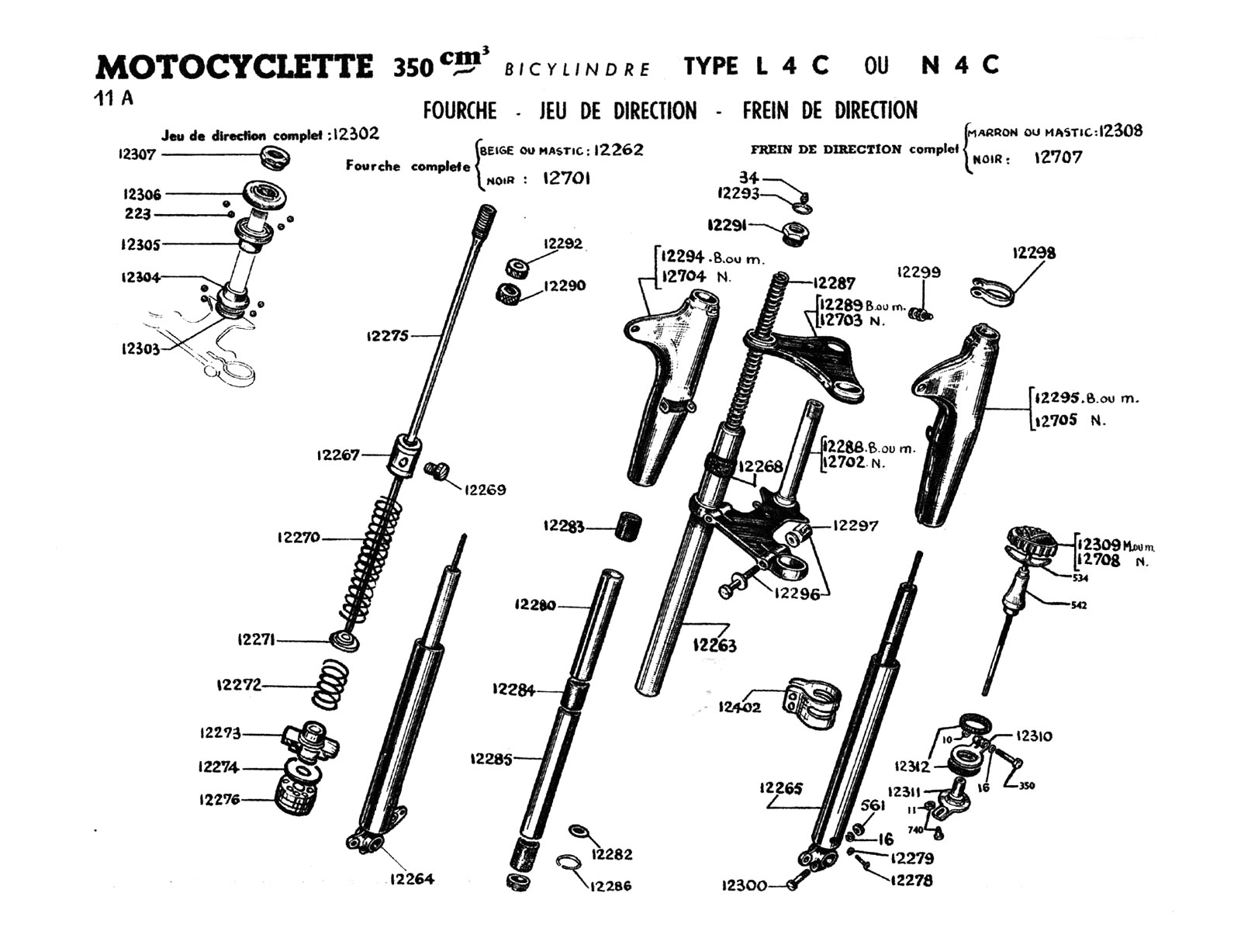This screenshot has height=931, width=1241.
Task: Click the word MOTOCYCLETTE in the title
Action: pos(233,67)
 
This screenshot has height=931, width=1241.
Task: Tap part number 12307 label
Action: pos(137,154)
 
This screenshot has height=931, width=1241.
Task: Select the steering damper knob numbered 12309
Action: pos(1032,540)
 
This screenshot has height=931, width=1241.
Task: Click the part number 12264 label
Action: pos(412,879)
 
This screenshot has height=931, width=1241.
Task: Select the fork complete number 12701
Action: pos(566,178)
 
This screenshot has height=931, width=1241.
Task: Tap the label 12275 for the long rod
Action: pos(387,336)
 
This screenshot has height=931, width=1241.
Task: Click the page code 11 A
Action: pos(114,99)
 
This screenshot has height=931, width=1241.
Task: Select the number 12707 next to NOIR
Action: pos(1058,158)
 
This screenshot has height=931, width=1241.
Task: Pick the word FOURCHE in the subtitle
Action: pos(459,111)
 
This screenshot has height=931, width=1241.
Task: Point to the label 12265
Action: pos(781,789)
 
